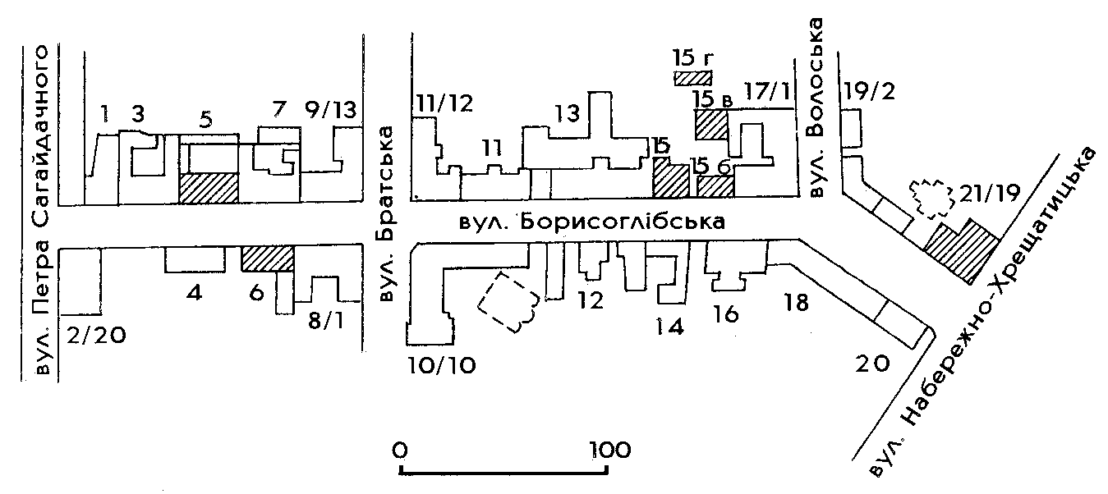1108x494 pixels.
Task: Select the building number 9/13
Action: pos(331,111)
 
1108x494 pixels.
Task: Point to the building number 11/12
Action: pos(444,103)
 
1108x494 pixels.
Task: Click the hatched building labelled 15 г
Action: pos(692,78)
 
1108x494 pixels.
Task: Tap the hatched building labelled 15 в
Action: pos(710,125)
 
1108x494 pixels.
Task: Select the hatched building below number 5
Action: pos(209,188)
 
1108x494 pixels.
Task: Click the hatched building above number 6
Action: pos(268,258)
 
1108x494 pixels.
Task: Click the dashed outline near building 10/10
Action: pos(508,300)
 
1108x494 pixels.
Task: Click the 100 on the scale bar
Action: pos(608,450)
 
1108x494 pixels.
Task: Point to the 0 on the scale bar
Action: pos(401,450)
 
